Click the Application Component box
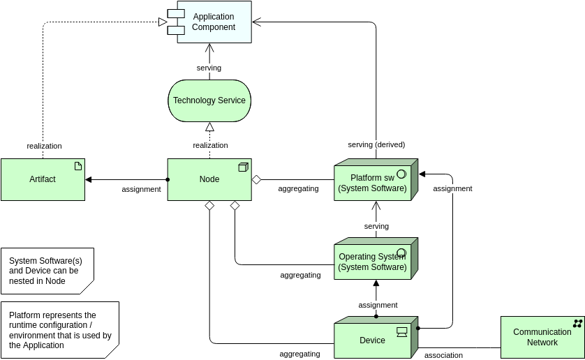(214, 22)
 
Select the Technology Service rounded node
(209, 100)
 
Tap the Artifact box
(43, 179)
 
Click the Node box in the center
(209, 179)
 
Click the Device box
(372, 340)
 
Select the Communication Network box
(542, 337)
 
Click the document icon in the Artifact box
(78, 166)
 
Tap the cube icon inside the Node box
(243, 167)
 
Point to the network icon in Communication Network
(577, 323)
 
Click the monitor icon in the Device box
(402, 331)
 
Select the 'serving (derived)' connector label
(376, 144)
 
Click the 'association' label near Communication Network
(443, 355)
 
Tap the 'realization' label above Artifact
(44, 146)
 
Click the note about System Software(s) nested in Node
(47, 271)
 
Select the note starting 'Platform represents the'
(59, 330)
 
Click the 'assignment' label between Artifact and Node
(141, 189)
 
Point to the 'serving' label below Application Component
(209, 68)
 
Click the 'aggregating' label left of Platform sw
(298, 188)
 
